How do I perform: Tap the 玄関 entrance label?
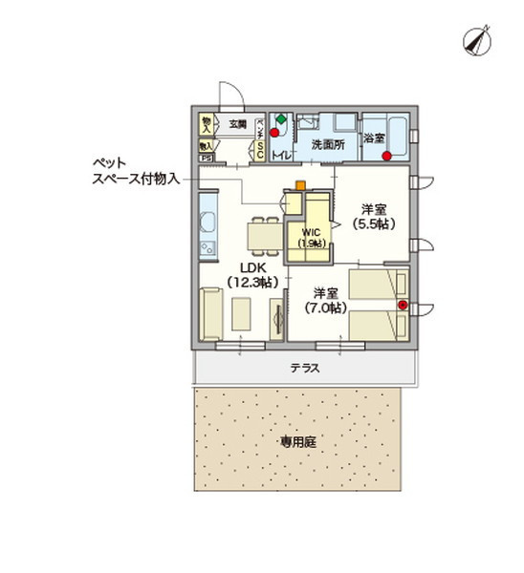click(x=237, y=124)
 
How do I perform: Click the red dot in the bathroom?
click(x=386, y=157)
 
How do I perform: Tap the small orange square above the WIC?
click(x=300, y=185)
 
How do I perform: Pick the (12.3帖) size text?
click(x=251, y=282)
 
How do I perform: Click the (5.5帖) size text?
click(x=374, y=223)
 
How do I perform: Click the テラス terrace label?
click(x=304, y=367)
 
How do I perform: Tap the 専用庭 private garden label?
click(x=297, y=442)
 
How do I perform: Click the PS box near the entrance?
click(x=207, y=158)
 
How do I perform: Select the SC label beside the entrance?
click(x=259, y=149)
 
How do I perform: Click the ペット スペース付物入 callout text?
click(x=135, y=171)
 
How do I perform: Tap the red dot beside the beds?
click(x=403, y=306)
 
